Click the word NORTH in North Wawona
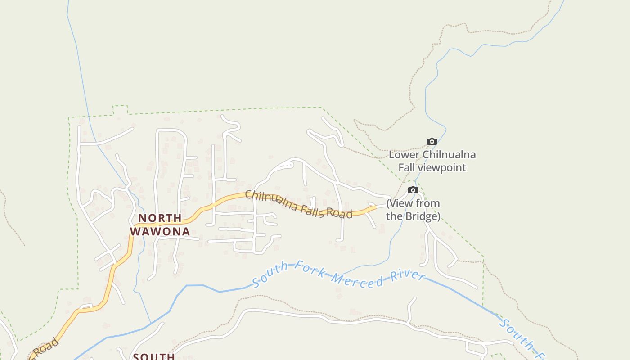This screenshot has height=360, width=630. (x=160, y=218)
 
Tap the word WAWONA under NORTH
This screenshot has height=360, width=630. (x=160, y=232)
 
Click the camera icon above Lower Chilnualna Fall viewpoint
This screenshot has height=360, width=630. (x=432, y=142)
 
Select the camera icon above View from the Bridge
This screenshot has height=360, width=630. (x=413, y=190)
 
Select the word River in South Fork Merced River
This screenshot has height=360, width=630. (x=407, y=275)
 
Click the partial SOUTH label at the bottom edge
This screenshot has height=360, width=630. (x=154, y=356)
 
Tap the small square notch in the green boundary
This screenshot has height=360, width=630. (x=120, y=110)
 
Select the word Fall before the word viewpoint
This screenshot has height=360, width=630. (x=407, y=168)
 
